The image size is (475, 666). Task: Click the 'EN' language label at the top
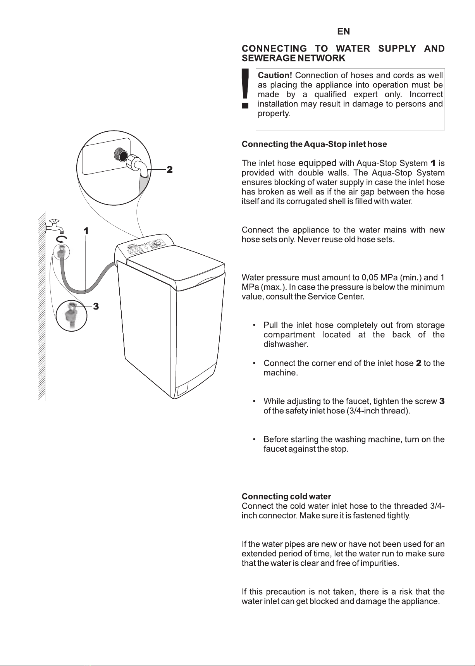tap(343, 32)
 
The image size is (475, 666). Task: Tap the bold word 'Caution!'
tap(275, 75)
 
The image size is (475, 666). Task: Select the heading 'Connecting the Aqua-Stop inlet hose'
tap(314, 145)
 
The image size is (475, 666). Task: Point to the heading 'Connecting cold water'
tap(286, 497)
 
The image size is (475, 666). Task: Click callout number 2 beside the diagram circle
tap(169, 170)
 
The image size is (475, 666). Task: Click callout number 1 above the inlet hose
tap(86, 231)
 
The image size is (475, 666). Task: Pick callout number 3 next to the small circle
tap(96, 306)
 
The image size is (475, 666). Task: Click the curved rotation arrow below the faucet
tap(63, 239)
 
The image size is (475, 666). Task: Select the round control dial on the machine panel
tap(157, 244)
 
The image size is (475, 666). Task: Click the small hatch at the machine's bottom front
tap(182, 389)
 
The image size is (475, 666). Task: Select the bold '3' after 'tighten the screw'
tap(442, 401)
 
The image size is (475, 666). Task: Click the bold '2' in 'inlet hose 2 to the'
tap(418, 363)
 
